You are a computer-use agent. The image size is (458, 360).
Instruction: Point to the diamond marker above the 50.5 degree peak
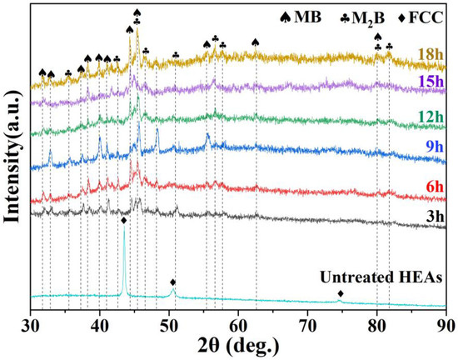(172, 282)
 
